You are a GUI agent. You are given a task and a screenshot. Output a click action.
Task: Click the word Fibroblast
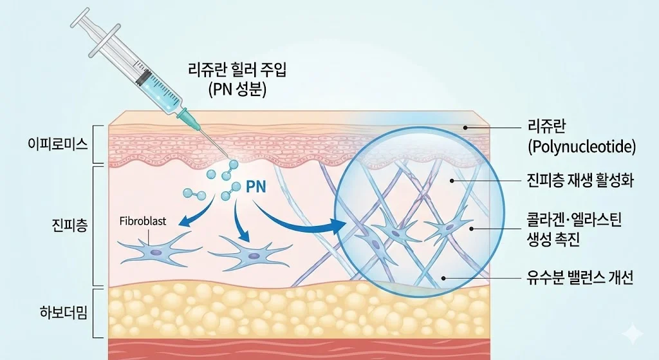(143, 221)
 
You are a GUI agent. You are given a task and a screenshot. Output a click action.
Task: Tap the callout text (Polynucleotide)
(581, 147)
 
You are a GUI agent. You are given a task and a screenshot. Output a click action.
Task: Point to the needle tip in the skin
(226, 158)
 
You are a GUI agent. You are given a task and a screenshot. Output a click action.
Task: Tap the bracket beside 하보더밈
(97, 313)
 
